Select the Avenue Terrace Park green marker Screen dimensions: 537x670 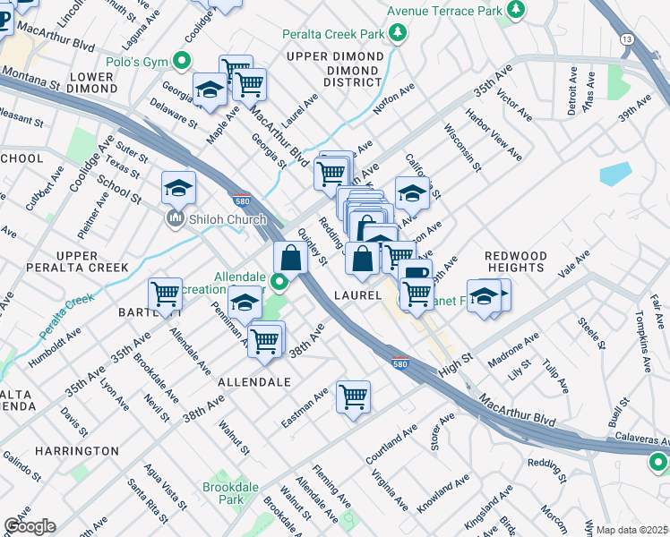coord(515,10)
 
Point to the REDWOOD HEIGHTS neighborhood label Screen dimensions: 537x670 coord(515,261)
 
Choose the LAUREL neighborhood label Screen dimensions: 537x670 coord(358,294)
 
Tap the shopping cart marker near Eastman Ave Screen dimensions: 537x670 coord(354,396)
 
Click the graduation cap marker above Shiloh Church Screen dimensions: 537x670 coord(179,188)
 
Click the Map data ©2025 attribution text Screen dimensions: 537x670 coord(632,530)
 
